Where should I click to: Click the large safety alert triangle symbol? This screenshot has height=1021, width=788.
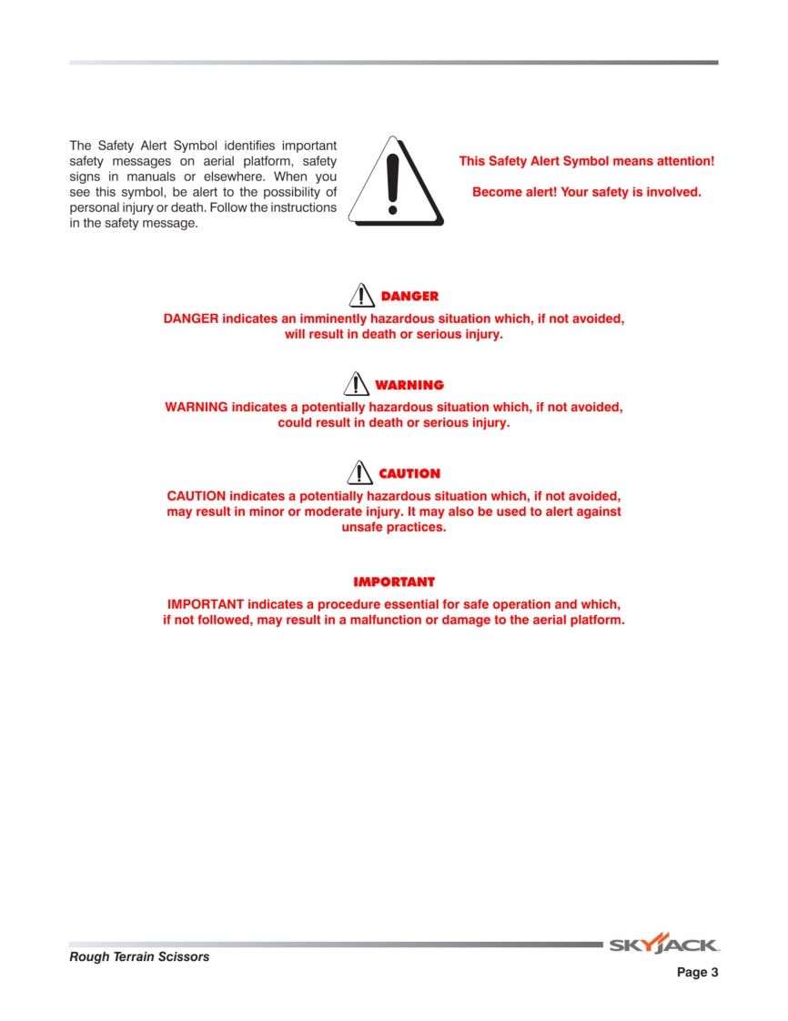pos(395,182)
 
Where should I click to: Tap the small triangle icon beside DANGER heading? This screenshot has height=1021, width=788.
pos(362,295)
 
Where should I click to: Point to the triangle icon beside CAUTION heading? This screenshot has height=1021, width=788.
pos(360,472)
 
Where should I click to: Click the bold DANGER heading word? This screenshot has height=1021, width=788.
pos(409,297)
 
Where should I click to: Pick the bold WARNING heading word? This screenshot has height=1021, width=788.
pos(409,385)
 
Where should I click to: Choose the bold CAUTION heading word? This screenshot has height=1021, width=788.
pos(409,474)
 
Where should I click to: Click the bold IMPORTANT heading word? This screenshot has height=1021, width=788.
pos(394,581)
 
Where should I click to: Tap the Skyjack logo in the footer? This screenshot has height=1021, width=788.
pos(663,945)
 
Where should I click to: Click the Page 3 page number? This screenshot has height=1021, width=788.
pos(697,973)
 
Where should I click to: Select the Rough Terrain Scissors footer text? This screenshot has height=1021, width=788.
pos(139,956)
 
